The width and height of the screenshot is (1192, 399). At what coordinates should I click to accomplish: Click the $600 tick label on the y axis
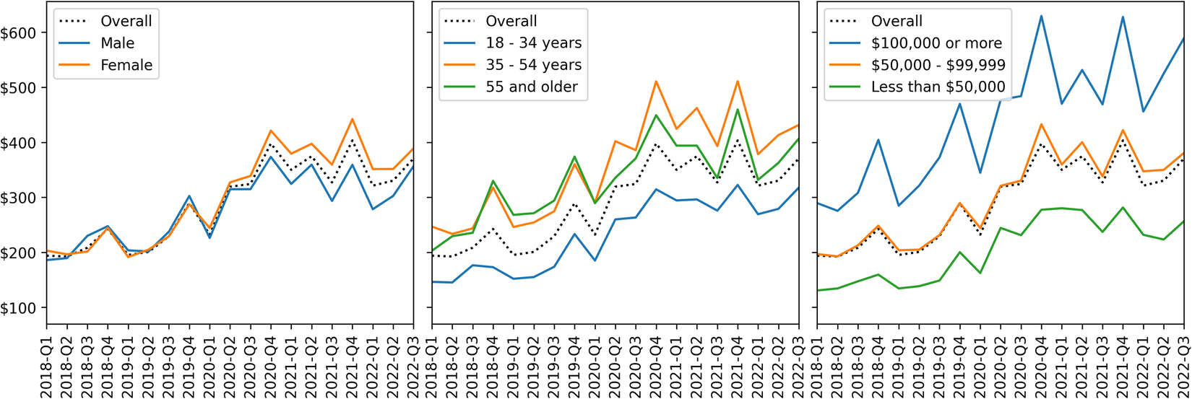[20, 32]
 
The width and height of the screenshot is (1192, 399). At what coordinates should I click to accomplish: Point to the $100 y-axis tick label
[20, 308]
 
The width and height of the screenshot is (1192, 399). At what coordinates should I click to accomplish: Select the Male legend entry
[117, 43]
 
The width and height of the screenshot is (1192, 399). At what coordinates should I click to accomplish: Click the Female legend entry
[126, 65]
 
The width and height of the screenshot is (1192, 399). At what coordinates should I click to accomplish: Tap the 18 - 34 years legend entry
[533, 43]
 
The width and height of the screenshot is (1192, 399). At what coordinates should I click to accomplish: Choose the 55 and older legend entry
[532, 87]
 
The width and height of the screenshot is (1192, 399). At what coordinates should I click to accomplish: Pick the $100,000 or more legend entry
[936, 43]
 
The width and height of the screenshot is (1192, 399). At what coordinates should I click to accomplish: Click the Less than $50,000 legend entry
[938, 87]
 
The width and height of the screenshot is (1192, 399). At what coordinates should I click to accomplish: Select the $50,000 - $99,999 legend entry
[938, 65]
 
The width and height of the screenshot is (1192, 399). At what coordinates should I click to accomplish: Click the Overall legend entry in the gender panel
[126, 22]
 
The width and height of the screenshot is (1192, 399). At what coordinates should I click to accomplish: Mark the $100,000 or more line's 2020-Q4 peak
[1042, 16]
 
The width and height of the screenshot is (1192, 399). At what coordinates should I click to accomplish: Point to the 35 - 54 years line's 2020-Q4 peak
[657, 81]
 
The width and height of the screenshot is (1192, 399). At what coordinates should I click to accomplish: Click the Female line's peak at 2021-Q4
[353, 119]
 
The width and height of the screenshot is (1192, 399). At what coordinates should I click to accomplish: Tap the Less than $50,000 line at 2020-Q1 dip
[981, 273]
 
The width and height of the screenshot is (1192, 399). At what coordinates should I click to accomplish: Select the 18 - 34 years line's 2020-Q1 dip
[595, 260]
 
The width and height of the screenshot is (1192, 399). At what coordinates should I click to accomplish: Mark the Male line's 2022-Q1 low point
[373, 209]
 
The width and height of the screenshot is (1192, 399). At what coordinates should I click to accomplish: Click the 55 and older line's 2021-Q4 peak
[738, 109]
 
